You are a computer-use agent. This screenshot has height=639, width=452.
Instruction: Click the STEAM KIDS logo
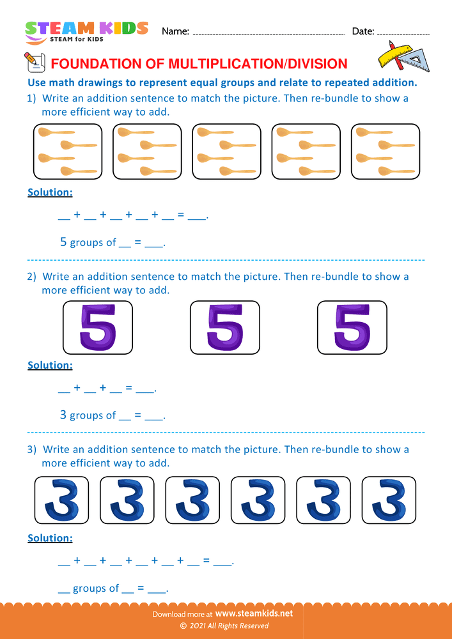pyautogui.click(x=86, y=31)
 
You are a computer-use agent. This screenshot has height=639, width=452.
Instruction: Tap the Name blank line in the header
pyautogui.click(x=269, y=33)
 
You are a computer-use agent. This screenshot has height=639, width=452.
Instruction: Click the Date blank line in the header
pyautogui.click(x=403, y=33)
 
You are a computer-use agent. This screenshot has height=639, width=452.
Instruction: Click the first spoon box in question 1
pyautogui.click(x=68, y=152)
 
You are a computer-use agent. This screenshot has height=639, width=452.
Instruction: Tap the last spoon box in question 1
pyautogui.click(x=385, y=152)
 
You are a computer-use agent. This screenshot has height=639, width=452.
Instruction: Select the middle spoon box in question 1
pyautogui.click(x=226, y=152)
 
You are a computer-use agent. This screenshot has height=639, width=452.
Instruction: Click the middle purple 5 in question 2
pyautogui.click(x=225, y=327)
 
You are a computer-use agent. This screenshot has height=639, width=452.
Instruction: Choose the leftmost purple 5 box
pyautogui.click(x=98, y=327)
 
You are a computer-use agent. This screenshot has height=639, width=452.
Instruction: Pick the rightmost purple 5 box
pyautogui.click(x=352, y=327)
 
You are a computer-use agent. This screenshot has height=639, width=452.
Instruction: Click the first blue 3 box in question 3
pyautogui.click(x=61, y=500)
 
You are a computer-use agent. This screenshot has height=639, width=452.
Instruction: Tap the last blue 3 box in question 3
pyautogui.click(x=388, y=500)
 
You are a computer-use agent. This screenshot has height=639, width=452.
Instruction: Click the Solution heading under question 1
pyautogui.click(x=50, y=192)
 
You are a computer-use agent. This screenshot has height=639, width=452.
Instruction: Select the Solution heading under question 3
pyautogui.click(x=50, y=538)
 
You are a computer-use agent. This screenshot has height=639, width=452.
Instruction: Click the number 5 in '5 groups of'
pyautogui.click(x=63, y=242)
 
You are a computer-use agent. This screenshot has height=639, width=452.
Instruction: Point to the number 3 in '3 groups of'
pyautogui.click(x=63, y=415)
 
